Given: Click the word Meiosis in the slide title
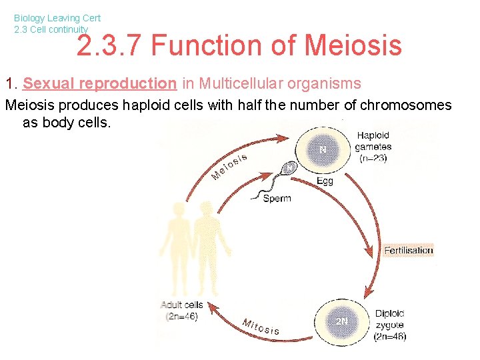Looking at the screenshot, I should tap(353, 45).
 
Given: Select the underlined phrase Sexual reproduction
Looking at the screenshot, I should tap(99, 83).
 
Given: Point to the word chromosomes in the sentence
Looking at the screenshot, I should tap(405, 105).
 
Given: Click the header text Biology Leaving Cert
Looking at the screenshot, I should tap(57, 19).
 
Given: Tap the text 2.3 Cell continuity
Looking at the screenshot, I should tap(51, 29).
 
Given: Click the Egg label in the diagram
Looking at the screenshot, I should tap(325, 181).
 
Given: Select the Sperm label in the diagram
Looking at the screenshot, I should tap(277, 198).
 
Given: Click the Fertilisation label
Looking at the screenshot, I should tap(408, 251).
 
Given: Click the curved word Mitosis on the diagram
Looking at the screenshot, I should tap(261, 327).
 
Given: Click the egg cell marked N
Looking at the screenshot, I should tap(322, 150).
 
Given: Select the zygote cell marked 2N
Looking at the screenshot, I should tap(341, 321).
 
